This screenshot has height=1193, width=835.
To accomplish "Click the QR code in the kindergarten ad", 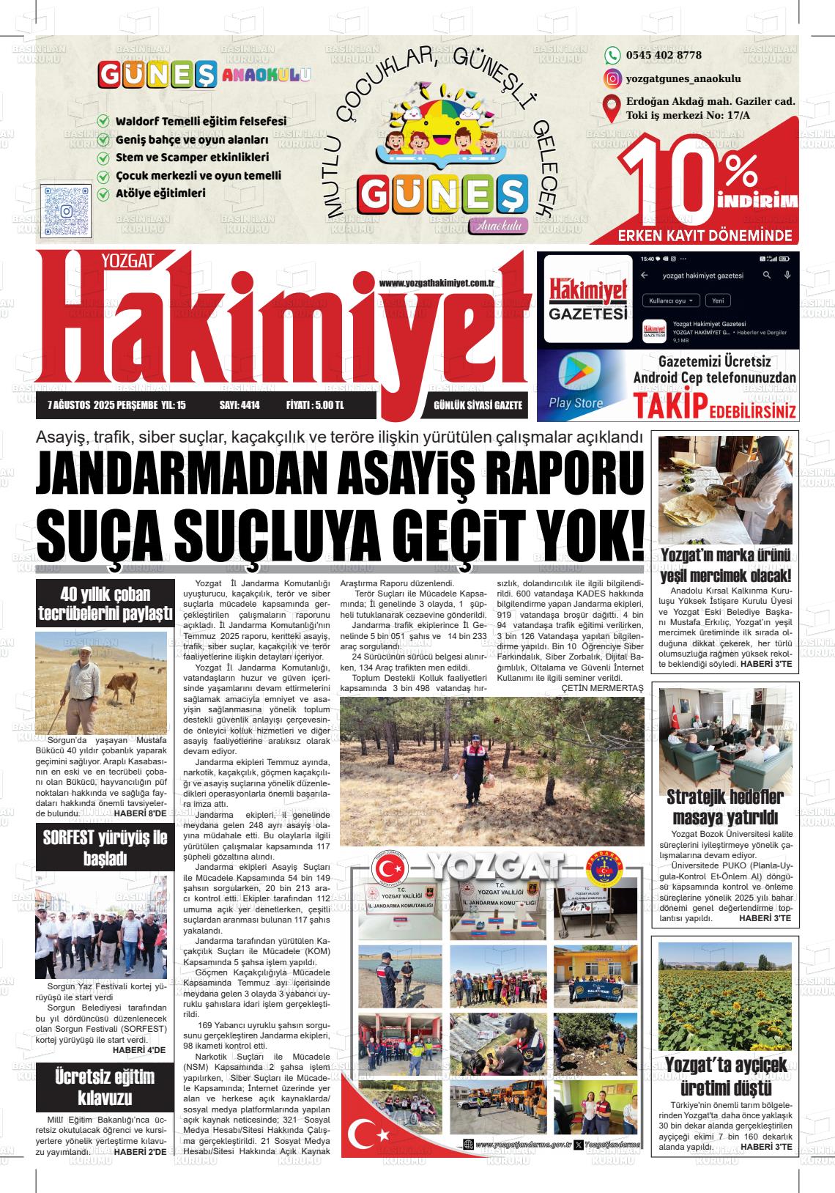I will click(66, 211).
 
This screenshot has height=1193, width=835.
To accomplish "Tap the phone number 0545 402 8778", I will click(664, 56).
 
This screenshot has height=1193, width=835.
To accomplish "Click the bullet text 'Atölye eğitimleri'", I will click(160, 194).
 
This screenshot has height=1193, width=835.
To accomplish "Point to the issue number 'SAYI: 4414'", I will click(240, 405).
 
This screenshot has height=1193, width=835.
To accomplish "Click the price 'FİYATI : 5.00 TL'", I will click(315, 405).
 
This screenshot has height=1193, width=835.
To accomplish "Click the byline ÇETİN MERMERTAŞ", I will click(602, 688).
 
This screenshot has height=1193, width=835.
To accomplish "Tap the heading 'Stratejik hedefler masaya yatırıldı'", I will click(724, 807).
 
